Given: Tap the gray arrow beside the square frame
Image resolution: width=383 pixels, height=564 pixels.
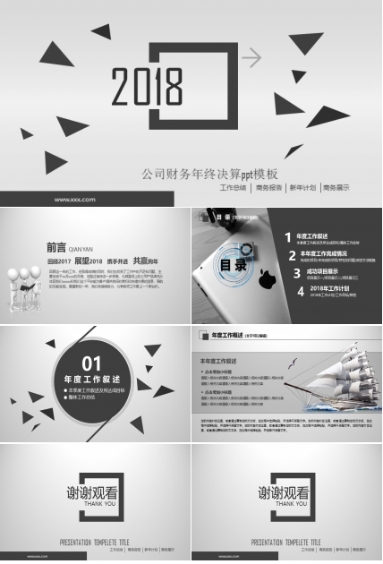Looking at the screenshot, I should (x=252, y=58).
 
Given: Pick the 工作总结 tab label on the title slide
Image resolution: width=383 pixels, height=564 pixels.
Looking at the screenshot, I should (x=233, y=188).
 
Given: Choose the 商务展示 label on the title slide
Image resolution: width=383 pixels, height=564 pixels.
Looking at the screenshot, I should (x=336, y=188).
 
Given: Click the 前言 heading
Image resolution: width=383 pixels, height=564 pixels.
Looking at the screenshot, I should (x=55, y=247).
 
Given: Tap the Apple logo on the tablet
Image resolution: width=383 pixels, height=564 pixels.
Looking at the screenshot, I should (x=264, y=282).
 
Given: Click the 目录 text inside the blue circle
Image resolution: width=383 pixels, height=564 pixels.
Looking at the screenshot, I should (x=233, y=265).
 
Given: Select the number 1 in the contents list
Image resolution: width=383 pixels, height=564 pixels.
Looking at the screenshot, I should (x=287, y=237).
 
